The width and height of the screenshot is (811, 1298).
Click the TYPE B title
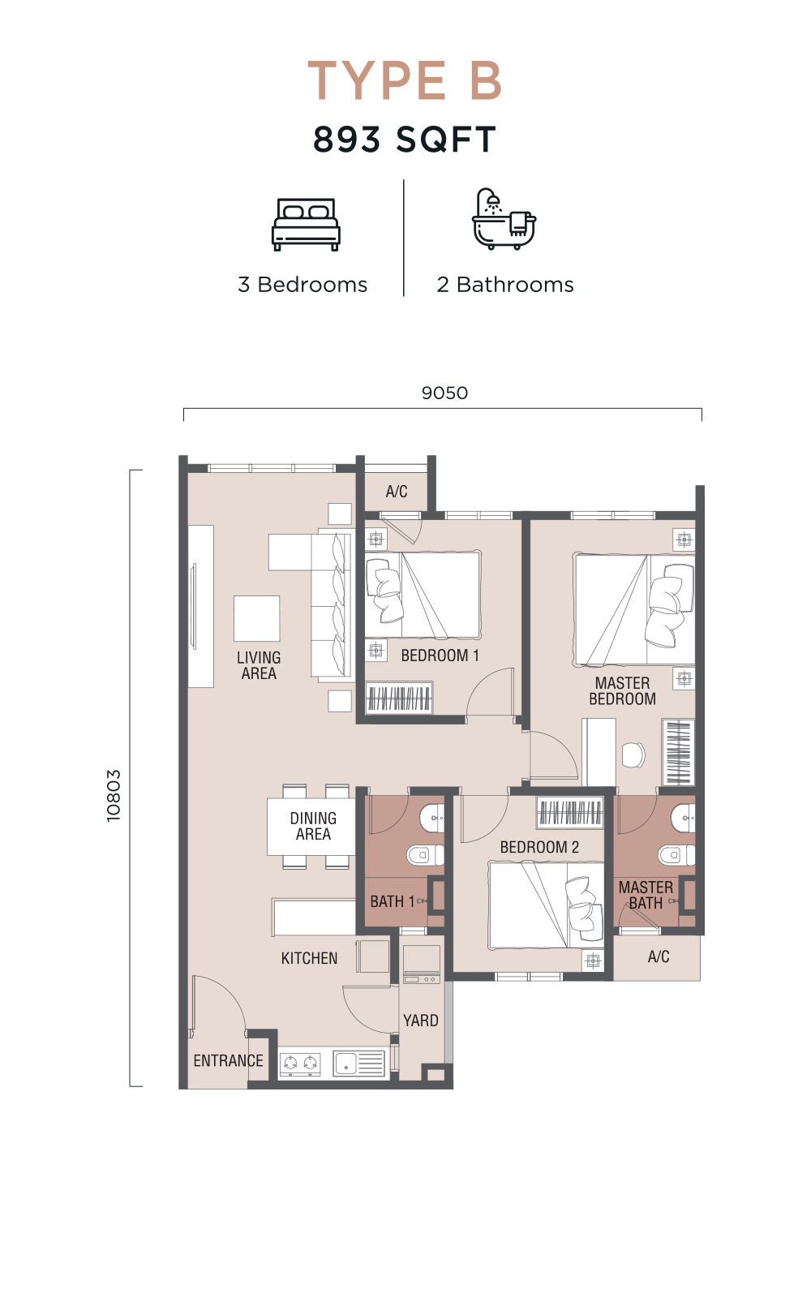(x=405, y=80)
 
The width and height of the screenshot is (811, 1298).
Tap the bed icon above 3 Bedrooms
(x=306, y=225)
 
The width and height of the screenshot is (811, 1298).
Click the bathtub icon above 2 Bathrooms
(x=504, y=218)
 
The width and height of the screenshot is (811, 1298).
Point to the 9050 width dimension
(x=444, y=393)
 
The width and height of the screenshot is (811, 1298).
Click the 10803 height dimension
(x=114, y=795)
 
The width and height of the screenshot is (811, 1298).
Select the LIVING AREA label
(x=259, y=665)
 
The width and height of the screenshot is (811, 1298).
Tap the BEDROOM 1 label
(x=440, y=655)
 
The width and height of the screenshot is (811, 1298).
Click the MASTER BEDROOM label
(x=623, y=690)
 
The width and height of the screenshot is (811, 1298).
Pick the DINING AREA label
(x=313, y=826)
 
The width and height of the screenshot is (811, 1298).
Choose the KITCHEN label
(x=309, y=958)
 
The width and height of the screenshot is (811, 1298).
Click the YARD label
(x=421, y=1020)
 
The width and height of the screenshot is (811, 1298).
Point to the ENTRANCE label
(x=228, y=1060)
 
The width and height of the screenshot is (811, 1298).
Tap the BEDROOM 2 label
(x=539, y=847)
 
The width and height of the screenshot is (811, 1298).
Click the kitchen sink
(x=358, y=1064)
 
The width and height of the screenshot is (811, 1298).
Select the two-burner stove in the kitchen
(x=301, y=1064)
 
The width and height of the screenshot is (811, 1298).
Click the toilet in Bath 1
(x=425, y=855)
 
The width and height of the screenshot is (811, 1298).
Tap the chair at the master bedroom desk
(x=633, y=754)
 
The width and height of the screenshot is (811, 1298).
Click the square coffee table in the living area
(x=256, y=618)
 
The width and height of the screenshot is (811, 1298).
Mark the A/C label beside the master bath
(x=659, y=956)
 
